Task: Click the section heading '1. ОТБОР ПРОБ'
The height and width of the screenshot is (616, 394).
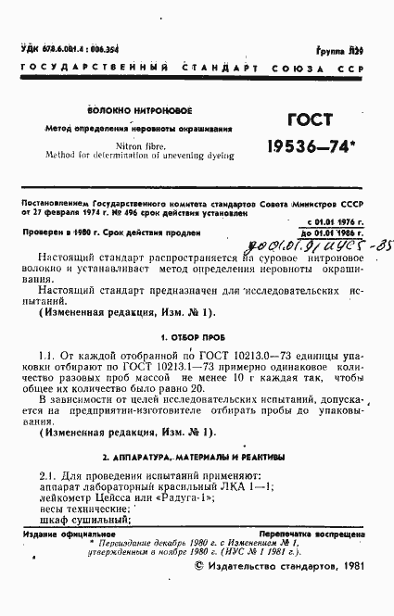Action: click(185, 337)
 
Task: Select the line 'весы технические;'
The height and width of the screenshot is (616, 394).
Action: click(82, 509)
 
